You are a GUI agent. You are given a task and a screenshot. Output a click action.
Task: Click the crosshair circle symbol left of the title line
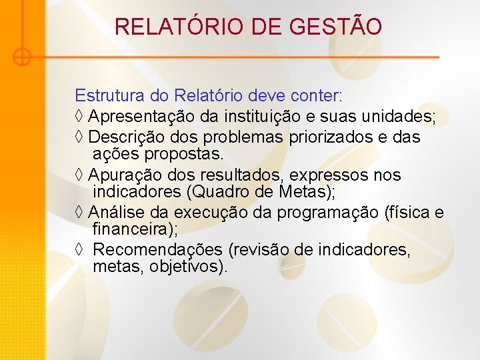pyautogui.click(x=22, y=57)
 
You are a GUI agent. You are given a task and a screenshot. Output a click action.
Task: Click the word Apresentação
pyautogui.click(x=142, y=117)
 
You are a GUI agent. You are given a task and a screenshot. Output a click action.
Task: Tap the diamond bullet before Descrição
pyautogui.click(x=79, y=137)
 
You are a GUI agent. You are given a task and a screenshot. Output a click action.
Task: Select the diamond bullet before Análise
pyautogui.click(x=79, y=213)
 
